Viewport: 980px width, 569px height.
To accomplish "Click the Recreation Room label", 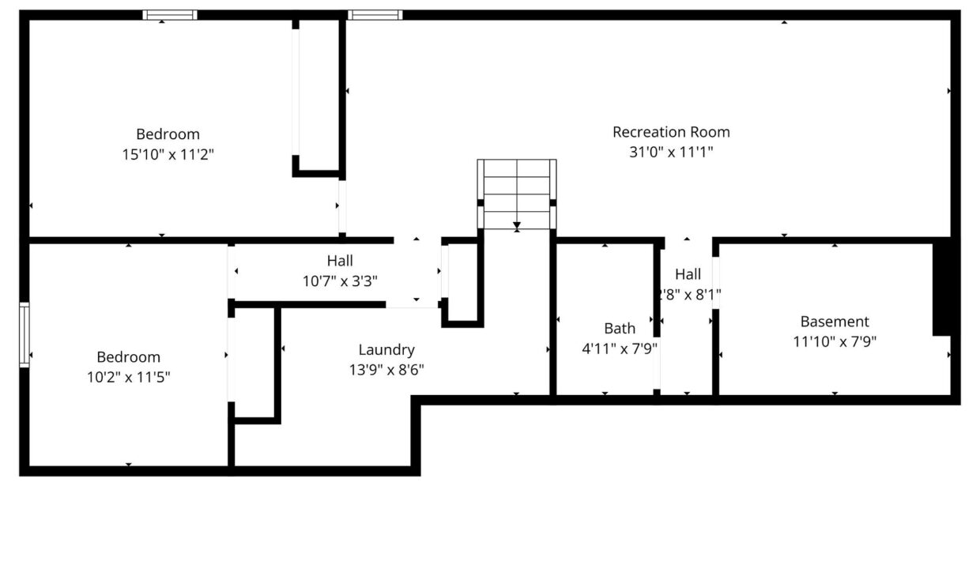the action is click(671, 132).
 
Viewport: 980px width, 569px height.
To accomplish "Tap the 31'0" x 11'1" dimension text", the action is click(671, 153).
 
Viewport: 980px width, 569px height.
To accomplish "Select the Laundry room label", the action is click(386, 350).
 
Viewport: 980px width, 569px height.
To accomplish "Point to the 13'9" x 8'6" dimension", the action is click(386, 370).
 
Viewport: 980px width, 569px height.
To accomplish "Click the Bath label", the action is click(620, 329).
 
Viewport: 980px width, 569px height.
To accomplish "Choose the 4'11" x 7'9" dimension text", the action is click(620, 349).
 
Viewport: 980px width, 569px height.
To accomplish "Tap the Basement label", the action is click(835, 322).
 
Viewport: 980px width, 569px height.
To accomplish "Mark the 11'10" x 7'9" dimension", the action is click(835, 341).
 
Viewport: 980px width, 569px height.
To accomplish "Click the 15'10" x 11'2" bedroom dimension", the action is click(168, 154).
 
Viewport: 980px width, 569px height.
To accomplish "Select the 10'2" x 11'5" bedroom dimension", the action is click(128, 377).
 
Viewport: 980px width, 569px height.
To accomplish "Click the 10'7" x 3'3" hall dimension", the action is click(340, 281).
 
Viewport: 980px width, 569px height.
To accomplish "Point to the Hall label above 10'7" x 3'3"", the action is click(340, 261).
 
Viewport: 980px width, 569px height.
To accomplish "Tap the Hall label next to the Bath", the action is click(688, 274).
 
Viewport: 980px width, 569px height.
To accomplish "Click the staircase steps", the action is click(517, 194).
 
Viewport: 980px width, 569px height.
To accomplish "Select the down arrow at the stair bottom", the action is click(517, 226).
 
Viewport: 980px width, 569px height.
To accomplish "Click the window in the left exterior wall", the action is click(24, 334).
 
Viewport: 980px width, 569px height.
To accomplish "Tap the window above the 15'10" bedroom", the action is click(170, 15).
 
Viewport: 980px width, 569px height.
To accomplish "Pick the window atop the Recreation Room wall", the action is click(375, 15).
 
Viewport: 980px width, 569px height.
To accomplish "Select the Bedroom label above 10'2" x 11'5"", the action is click(128, 357).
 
